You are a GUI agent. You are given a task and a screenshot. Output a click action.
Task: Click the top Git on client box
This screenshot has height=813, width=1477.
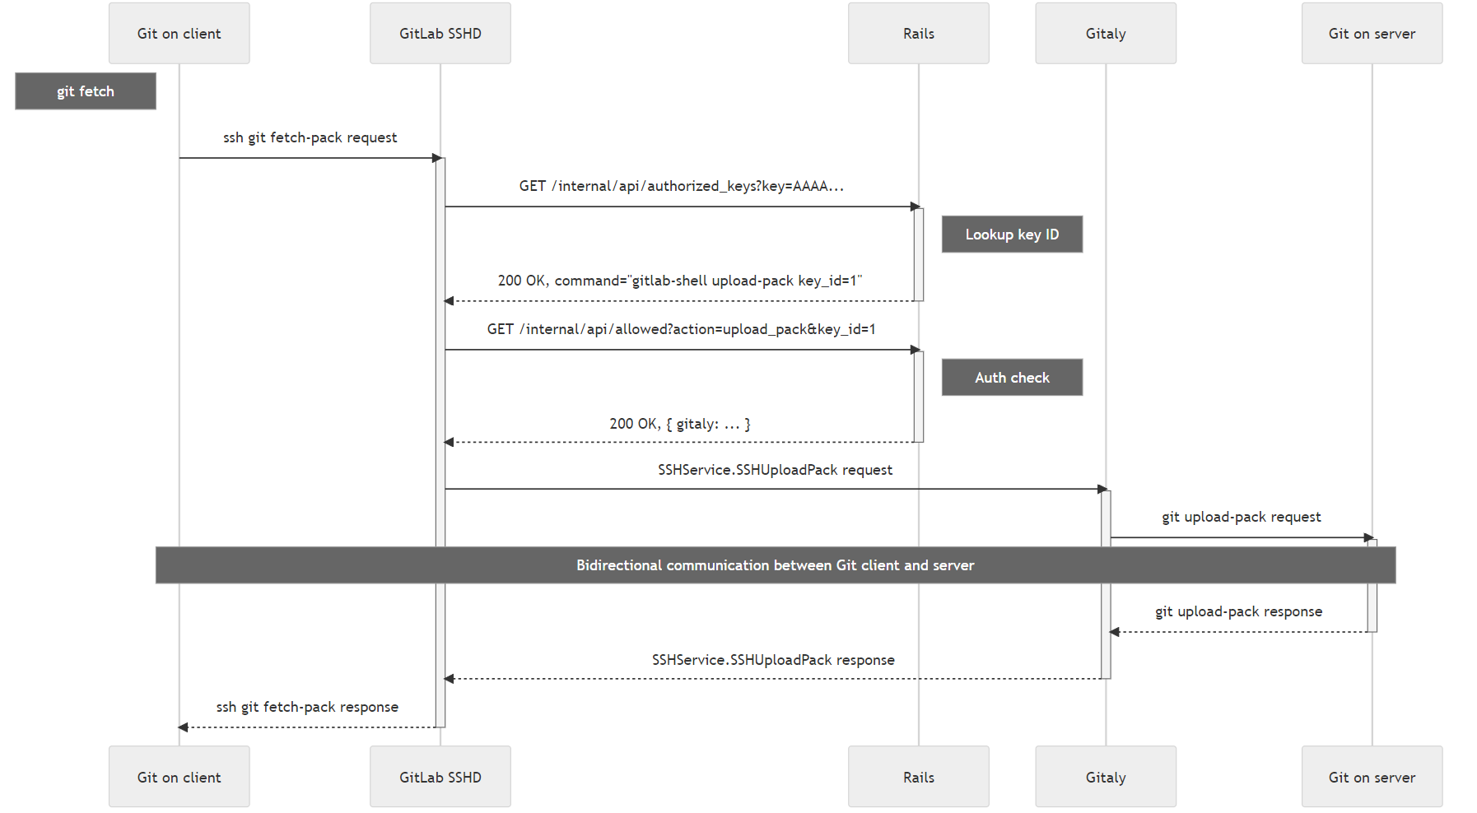click(179, 34)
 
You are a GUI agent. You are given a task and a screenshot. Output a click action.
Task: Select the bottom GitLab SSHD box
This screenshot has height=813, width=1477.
click(440, 777)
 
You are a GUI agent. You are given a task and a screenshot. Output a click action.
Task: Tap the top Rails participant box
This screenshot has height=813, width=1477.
click(918, 34)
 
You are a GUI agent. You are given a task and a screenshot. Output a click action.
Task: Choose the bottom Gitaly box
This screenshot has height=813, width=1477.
click(1105, 777)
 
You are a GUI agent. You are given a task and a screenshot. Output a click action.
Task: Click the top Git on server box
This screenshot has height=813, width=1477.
click(1371, 34)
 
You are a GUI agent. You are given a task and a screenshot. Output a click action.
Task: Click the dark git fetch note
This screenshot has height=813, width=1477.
click(85, 91)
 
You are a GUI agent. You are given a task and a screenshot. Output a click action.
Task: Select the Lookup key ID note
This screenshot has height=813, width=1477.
click(1011, 235)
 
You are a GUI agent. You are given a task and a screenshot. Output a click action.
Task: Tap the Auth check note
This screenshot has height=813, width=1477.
click(1011, 378)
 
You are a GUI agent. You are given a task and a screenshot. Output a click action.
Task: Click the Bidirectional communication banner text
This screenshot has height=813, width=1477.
click(775, 565)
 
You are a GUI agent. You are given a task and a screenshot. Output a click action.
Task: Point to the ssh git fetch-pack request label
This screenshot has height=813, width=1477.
click(310, 137)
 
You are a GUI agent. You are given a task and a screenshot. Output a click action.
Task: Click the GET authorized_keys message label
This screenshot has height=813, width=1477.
click(681, 186)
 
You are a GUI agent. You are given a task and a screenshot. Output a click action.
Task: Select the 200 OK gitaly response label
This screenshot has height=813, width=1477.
click(679, 424)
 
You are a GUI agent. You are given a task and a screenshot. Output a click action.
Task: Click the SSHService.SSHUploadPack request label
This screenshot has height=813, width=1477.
click(775, 470)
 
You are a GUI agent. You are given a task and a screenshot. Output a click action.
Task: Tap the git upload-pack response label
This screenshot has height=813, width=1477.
click(1238, 611)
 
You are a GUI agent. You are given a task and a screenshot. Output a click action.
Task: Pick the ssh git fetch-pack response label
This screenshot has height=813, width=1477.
click(307, 707)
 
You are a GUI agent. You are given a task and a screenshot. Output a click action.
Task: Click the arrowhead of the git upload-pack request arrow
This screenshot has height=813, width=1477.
click(1368, 538)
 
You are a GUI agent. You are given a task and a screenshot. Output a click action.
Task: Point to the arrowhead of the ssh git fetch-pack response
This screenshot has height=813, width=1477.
click(184, 727)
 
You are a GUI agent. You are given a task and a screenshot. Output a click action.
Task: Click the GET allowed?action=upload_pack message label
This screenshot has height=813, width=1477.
click(681, 329)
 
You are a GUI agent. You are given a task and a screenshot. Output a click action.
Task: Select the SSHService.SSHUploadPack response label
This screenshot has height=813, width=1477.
click(773, 660)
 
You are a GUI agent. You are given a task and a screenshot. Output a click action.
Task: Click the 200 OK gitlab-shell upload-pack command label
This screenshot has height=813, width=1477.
click(679, 281)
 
